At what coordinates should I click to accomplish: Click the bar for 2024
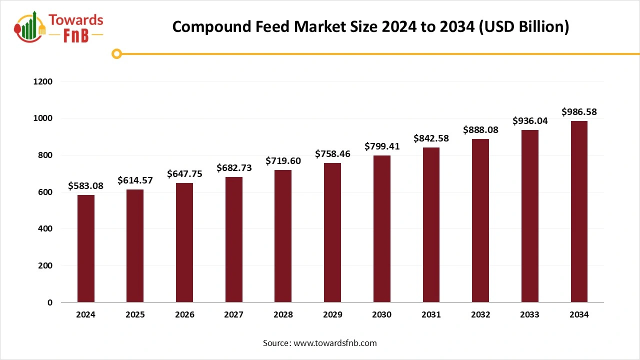[86, 248]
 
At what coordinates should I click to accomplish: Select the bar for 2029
[332, 232]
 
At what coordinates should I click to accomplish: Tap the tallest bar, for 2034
[579, 211]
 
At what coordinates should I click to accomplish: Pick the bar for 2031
[431, 225]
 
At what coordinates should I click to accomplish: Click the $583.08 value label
[86, 186]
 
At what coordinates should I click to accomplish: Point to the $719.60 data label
[283, 161]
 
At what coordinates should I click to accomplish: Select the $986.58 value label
[579, 111]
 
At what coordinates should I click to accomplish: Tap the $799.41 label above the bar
[382, 146]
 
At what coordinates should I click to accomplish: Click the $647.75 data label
[184, 174]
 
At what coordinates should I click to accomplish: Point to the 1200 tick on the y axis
[42, 81]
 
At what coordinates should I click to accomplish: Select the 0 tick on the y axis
[50, 302]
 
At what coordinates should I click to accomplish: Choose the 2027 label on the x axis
[233, 315]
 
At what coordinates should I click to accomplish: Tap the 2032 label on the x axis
[480, 315]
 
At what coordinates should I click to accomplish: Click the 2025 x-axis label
[135, 315]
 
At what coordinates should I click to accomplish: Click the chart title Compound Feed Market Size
[370, 27]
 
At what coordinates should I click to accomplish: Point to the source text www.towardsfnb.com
[320, 343]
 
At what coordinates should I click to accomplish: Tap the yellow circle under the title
[117, 54]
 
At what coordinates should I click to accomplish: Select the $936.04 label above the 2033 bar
[529, 121]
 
